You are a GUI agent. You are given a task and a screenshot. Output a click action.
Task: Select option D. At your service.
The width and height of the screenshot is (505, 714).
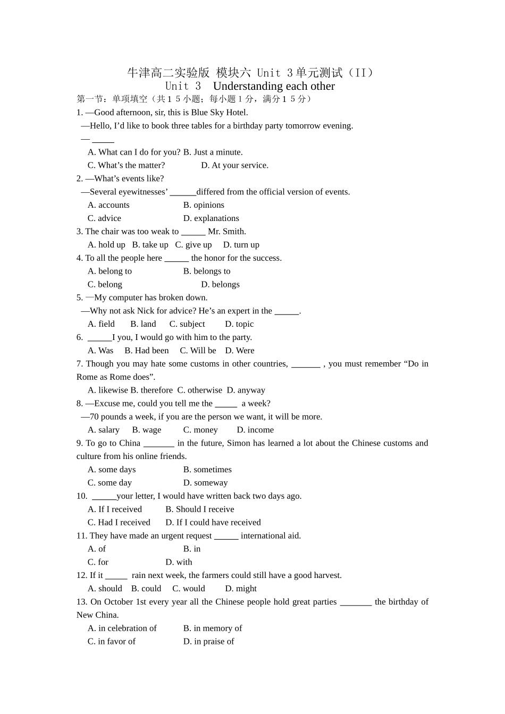(234, 165)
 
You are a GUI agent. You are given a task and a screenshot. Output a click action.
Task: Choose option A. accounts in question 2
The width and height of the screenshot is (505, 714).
(108, 205)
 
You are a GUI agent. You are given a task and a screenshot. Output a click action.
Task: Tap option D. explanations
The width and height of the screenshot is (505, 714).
(211, 218)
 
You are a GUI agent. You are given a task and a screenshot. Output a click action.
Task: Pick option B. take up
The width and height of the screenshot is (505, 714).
(150, 245)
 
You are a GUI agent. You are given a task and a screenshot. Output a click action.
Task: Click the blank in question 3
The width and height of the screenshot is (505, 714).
(193, 232)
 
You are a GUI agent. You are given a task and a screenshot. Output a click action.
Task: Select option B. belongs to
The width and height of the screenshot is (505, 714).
(207, 271)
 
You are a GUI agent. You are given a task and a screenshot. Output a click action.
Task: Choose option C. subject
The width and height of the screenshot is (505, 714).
(187, 324)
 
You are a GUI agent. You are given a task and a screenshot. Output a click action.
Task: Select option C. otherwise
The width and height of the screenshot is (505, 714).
(200, 390)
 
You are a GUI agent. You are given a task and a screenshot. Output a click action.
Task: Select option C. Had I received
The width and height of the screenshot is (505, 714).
(119, 523)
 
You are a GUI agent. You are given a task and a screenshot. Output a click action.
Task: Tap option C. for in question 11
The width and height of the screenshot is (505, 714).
(98, 562)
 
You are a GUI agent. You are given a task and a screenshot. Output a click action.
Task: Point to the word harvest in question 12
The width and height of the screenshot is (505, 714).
(326, 575)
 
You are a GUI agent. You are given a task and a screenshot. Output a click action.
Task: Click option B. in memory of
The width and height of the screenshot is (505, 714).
(213, 628)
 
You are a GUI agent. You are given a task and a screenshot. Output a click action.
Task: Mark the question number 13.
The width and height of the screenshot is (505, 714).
(81, 602)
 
